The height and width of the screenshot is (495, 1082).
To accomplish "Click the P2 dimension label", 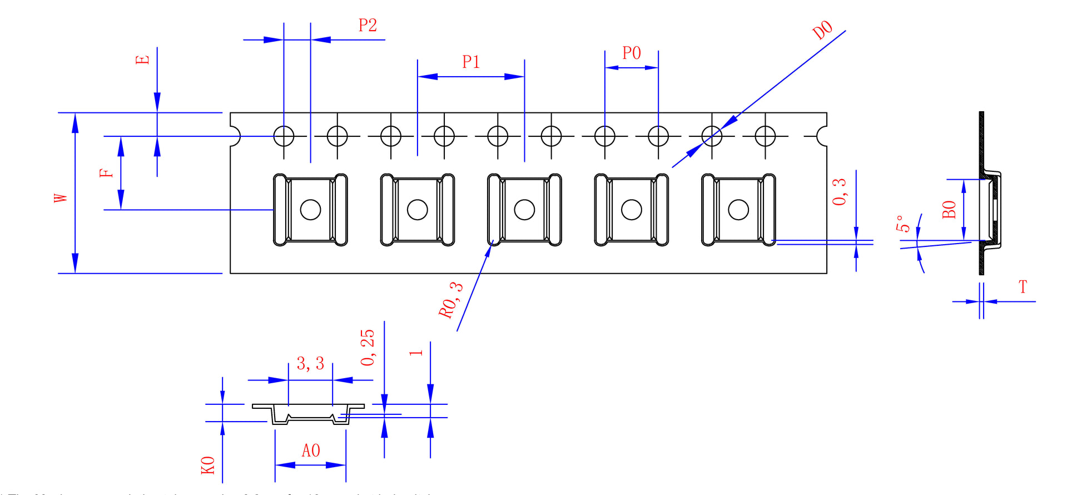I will pyautogui.click(x=368, y=26).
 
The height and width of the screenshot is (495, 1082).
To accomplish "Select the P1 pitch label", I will pyautogui.click(x=471, y=62).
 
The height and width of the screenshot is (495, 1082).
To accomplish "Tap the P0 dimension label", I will pyautogui.click(x=632, y=53).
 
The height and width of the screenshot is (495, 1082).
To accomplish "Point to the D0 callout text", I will pyautogui.click(x=823, y=30).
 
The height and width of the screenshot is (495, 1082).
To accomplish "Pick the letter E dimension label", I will pyautogui.click(x=143, y=60).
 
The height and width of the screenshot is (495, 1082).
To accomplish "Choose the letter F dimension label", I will pyautogui.click(x=106, y=173).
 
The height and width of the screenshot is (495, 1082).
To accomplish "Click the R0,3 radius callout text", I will pyautogui.click(x=450, y=300).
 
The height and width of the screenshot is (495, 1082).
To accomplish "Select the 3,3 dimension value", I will pyautogui.click(x=310, y=364).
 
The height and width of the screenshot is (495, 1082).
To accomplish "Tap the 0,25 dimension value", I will pyautogui.click(x=368, y=348).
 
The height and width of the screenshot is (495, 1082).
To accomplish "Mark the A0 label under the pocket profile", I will pyautogui.click(x=311, y=451).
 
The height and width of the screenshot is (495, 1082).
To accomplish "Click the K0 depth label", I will pyautogui.click(x=208, y=466).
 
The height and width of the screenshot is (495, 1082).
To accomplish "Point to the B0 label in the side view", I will pyautogui.click(x=950, y=210).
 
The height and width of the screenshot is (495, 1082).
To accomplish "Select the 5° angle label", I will pyautogui.click(x=903, y=224).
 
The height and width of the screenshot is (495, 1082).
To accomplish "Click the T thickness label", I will pyautogui.click(x=1023, y=287).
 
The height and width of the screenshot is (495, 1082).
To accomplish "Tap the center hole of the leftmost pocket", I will pyautogui.click(x=310, y=210).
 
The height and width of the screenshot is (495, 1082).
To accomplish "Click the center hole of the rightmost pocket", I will pyautogui.click(x=738, y=210).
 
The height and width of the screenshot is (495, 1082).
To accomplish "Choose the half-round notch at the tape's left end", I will pyautogui.click(x=235, y=136).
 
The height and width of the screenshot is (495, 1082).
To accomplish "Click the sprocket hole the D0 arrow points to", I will pyautogui.click(x=712, y=136).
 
